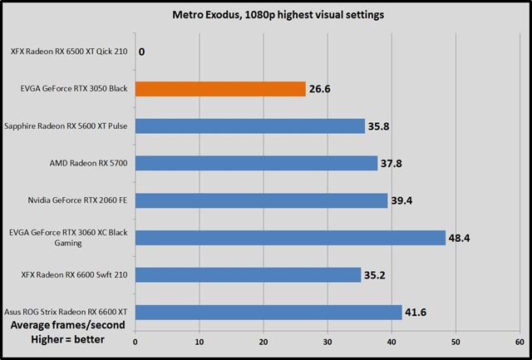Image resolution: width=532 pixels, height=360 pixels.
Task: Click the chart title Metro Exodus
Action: tap(266, 14)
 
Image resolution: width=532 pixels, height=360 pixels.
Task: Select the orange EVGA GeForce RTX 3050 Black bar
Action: tap(219, 88)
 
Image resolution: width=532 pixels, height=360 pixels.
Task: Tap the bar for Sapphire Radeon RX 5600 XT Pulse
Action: tap(249, 126)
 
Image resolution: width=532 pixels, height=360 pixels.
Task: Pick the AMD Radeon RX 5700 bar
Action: tap(256, 163)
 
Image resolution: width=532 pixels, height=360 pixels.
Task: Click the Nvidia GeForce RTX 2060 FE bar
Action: tap(261, 200)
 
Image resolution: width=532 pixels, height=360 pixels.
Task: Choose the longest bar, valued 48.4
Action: tap(289, 238)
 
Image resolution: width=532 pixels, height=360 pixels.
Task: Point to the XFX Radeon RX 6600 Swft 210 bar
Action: tap(248, 274)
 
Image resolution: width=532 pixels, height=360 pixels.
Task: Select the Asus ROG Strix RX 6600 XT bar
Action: tap(268, 312)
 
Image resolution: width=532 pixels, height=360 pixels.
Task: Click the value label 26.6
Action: tap(321, 89)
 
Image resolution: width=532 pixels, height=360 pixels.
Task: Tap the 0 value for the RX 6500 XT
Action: tap(142, 52)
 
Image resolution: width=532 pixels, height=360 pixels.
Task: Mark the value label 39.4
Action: tap(404, 200)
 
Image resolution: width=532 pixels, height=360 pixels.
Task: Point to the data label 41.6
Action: tap(418, 313)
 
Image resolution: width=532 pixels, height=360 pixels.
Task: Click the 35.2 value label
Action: tap(377, 275)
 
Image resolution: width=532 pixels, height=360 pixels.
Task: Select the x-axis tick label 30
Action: tap(328, 340)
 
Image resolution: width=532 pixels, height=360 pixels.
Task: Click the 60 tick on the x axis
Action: tap(520, 340)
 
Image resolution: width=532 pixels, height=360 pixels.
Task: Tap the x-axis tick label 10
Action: tap(199, 340)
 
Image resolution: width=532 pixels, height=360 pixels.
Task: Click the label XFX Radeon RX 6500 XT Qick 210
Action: tap(70, 52)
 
